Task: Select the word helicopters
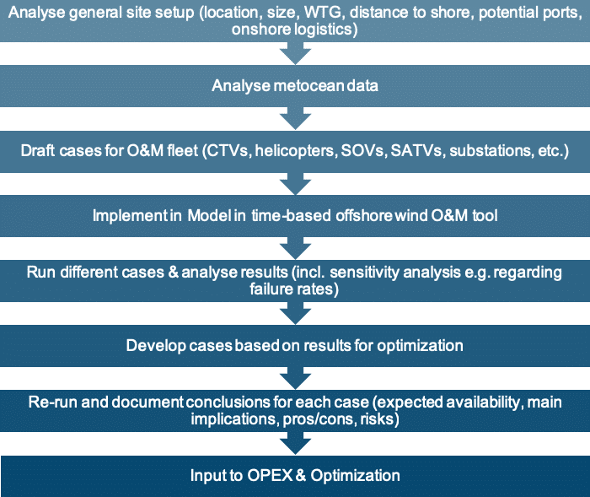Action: coord(295,151)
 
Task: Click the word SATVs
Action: coord(416,151)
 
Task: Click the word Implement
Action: coord(129,216)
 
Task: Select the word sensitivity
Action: coord(365,272)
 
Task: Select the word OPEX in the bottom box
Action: coord(271,476)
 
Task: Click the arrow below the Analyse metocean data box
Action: coord(295,118)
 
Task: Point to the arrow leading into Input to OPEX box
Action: coord(295,443)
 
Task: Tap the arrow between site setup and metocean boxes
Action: coord(295,53)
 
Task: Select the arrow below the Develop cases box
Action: coord(295,378)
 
